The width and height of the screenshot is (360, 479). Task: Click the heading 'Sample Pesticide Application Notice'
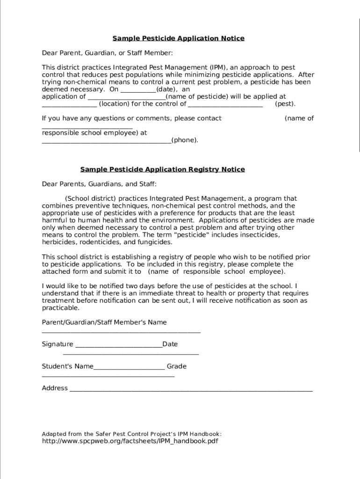click(178, 38)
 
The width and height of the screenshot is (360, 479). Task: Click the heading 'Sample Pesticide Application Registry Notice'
click(162, 169)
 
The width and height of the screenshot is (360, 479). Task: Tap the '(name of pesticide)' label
click(197, 97)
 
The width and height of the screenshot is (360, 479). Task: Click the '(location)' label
click(115, 104)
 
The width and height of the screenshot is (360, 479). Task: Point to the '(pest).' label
click(285, 104)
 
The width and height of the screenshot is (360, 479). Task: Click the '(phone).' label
click(185, 140)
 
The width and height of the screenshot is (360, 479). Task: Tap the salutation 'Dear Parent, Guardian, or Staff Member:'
click(107, 53)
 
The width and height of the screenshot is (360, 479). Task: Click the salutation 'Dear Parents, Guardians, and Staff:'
click(99, 184)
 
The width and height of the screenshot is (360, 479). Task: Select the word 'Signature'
click(58, 344)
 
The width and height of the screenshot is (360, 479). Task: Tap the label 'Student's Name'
click(68, 366)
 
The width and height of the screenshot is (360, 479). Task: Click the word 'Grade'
click(177, 366)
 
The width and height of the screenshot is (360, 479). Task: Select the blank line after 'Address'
click(191, 390)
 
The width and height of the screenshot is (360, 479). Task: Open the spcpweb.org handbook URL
click(130, 441)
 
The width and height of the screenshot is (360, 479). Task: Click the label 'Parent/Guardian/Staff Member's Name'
click(104, 322)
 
